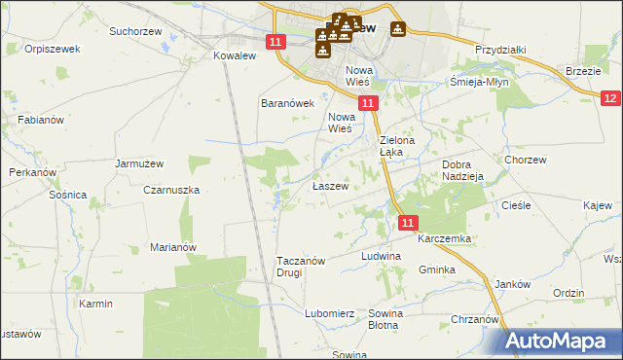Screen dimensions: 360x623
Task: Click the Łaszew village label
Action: tap(329, 185)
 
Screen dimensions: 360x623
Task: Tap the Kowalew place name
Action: tap(234, 56)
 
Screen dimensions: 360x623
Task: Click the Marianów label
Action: tap(173, 247)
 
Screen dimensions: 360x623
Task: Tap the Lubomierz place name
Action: tap(328, 313)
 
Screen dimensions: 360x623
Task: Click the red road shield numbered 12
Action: tap(610, 98)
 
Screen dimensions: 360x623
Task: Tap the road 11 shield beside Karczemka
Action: tap(408, 223)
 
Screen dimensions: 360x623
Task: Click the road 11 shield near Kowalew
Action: tap(275, 41)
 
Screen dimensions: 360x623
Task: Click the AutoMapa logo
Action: tap(561, 341)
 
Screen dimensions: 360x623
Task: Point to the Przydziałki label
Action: tap(500, 50)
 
